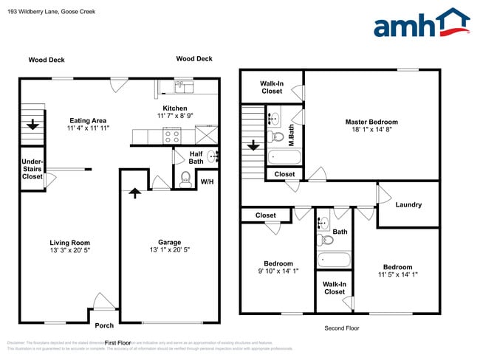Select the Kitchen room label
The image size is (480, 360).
click(x=174, y=108)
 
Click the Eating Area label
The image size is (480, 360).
click(x=88, y=120)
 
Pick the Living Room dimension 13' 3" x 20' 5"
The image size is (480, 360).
click(x=70, y=250)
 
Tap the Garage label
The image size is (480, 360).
click(x=170, y=242)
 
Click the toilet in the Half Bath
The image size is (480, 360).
click(x=185, y=178)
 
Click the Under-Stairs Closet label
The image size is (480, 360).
click(x=32, y=169)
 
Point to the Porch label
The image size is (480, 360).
click(x=104, y=325)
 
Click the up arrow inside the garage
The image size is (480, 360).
click(x=134, y=194)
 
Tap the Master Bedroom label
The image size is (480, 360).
click(x=371, y=122)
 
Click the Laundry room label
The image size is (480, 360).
click(x=408, y=204)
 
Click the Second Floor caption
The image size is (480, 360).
click(x=342, y=328)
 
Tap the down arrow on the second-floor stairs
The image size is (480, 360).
click(x=253, y=145)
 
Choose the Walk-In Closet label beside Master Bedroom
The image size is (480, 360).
click(x=271, y=87)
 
